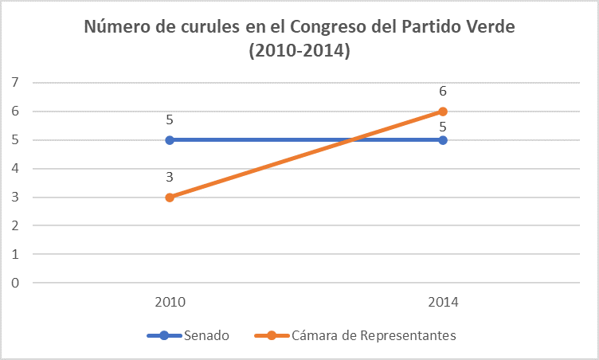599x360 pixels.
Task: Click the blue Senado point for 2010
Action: point(170,140)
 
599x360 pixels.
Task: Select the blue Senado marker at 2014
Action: point(443,140)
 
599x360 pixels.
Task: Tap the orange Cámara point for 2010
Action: point(170,198)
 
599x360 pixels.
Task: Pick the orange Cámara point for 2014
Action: point(443,112)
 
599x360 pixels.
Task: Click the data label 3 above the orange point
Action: point(170,178)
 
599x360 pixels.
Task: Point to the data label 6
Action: point(443,92)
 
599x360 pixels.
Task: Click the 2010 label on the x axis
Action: point(170,303)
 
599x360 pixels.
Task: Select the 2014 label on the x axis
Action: point(443,303)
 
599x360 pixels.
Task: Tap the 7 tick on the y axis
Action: point(14,83)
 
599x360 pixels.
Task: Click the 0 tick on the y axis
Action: point(14,283)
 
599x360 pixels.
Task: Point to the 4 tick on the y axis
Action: point(14,169)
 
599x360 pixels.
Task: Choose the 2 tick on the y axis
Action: point(14,226)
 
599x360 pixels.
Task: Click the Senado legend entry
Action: point(206,336)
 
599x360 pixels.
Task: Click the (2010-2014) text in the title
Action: point(299,51)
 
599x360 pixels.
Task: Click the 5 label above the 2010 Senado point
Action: point(170,120)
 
